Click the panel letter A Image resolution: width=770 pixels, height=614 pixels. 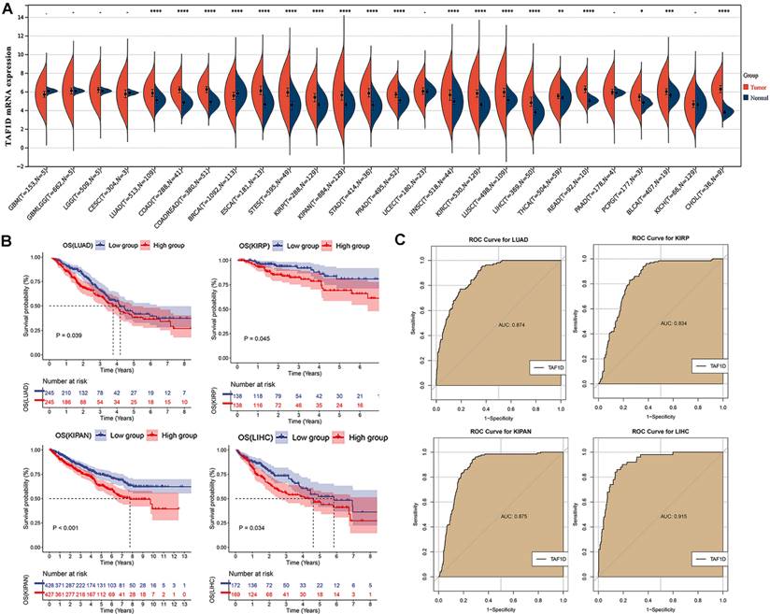coord(7,8)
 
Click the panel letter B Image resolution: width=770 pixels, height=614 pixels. coord(7,240)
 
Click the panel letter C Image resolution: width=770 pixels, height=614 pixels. coord(400,240)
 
